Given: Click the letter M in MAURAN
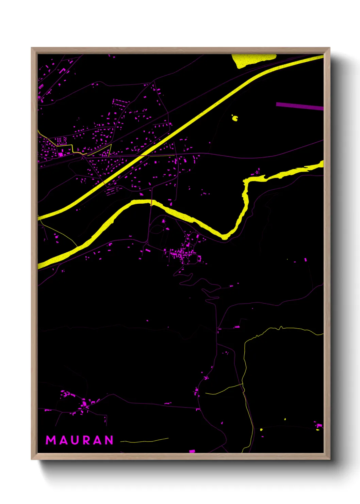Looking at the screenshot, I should [x=51, y=440].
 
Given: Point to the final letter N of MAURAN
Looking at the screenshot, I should [x=109, y=440].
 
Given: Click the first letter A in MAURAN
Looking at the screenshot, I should [x=63, y=440].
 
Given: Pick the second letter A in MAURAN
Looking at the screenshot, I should [x=98, y=440].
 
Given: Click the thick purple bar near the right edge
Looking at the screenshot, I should [x=299, y=106].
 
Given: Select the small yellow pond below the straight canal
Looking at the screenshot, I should [x=235, y=118].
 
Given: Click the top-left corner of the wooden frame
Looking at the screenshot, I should [x=32, y=48].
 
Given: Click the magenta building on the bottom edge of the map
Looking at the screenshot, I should [x=192, y=451].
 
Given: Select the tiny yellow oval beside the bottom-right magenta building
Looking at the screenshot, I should [x=317, y=429].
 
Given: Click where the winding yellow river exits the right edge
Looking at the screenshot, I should [x=322, y=164].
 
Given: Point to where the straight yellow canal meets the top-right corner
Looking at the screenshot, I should [x=322, y=57].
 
